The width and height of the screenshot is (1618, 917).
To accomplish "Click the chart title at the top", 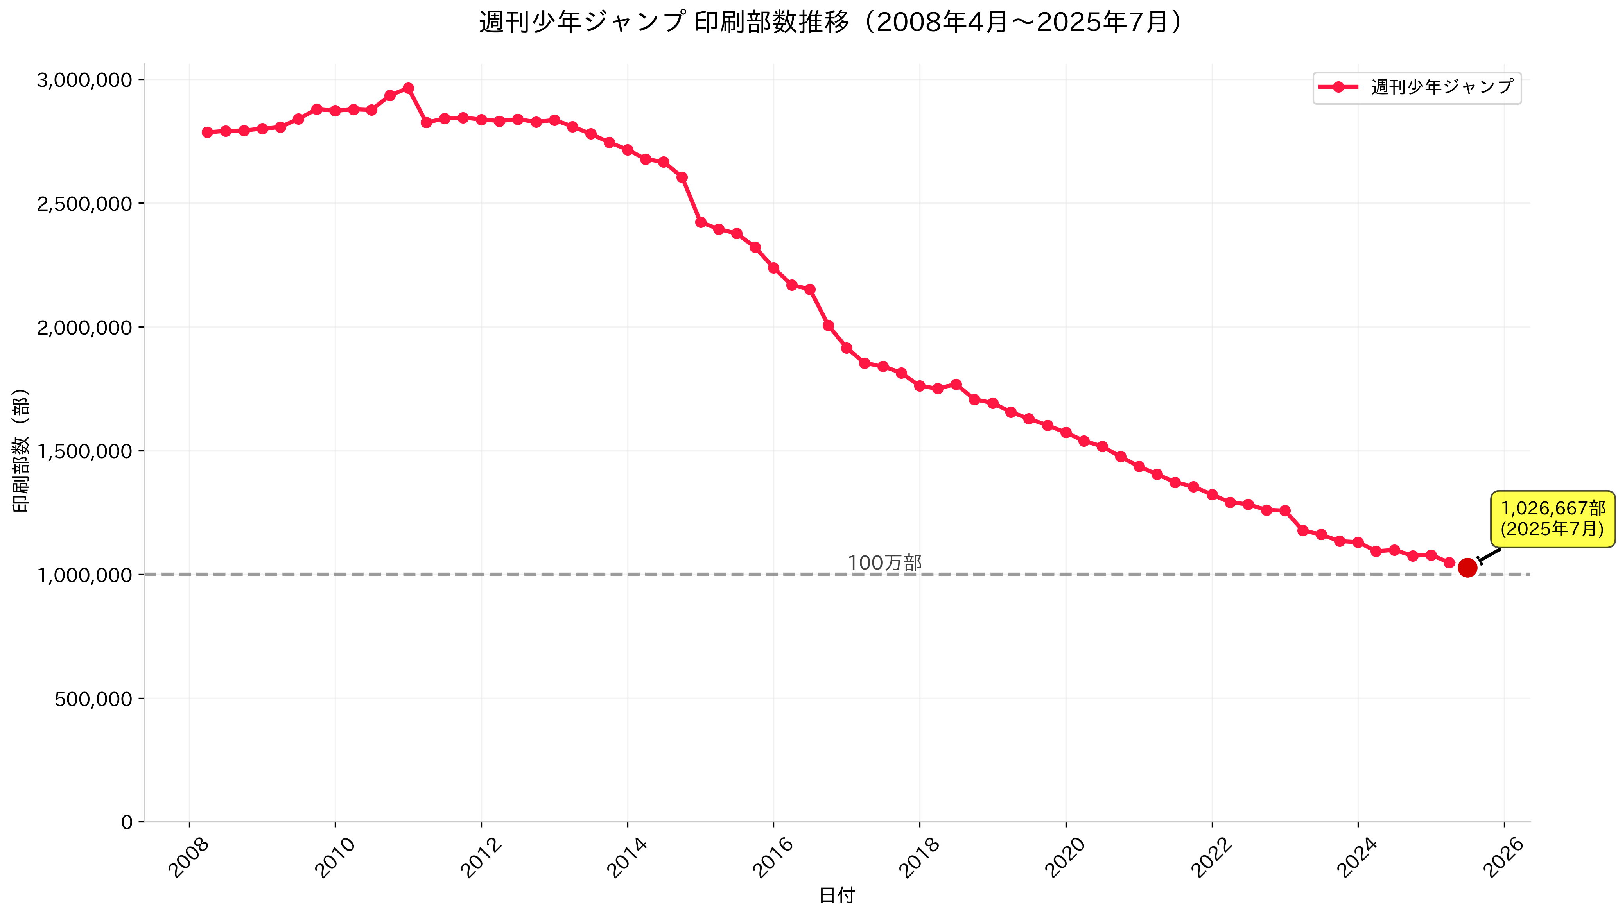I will click(x=830, y=23).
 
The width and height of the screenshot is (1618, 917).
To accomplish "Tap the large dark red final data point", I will click(x=1467, y=568).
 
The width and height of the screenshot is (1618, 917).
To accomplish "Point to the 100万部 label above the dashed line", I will click(x=884, y=562).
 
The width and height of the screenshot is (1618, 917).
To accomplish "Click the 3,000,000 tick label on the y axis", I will click(x=84, y=80).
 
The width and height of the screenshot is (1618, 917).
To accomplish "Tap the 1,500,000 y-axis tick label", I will click(x=84, y=451).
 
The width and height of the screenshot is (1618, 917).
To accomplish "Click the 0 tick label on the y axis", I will click(x=127, y=822).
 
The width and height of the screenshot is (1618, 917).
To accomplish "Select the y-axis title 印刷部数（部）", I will click(x=21, y=450).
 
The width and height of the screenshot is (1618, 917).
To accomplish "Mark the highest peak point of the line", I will click(x=408, y=88).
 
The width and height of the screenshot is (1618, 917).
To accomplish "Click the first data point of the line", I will click(x=207, y=132).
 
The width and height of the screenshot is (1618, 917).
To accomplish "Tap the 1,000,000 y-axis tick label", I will click(x=84, y=575).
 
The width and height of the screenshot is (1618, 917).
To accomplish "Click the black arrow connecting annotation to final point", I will click(x=1489, y=555).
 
